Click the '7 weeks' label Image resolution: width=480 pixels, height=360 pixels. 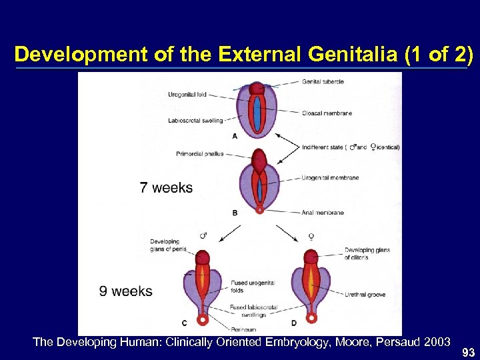[x=166, y=187]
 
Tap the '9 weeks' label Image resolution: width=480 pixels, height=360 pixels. [x=125, y=291]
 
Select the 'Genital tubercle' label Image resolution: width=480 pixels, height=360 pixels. [x=323, y=81]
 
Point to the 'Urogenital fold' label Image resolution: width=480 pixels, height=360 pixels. [x=187, y=95]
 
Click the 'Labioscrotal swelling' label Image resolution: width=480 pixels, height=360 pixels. [x=195, y=121]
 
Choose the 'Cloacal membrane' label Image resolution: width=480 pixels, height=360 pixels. [x=326, y=113]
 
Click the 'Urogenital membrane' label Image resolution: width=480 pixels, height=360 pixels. [x=330, y=178]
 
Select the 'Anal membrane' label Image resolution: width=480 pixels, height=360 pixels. [x=323, y=213]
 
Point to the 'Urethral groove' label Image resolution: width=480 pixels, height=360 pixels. [x=363, y=295]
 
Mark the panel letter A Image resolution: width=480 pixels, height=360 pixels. [x=235, y=135]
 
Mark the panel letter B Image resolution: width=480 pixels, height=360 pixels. [x=235, y=213]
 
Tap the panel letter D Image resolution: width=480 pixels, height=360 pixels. [x=294, y=323]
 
